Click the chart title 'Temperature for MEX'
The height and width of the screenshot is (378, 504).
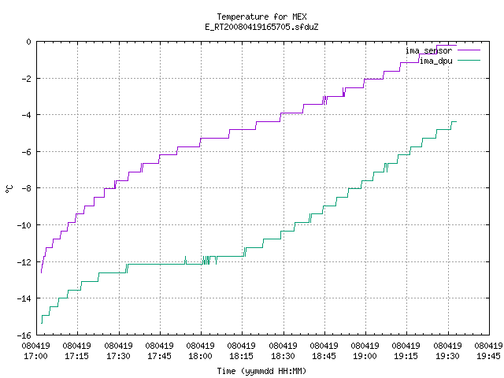[261, 17]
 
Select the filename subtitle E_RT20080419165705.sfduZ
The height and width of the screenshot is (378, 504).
[261, 27]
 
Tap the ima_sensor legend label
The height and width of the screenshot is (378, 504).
[428, 50]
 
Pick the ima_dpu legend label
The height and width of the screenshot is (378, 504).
[435, 61]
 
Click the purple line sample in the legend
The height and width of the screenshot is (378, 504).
[469, 50]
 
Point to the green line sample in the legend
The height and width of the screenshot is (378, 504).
[469, 60]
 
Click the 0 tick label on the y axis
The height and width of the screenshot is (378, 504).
[29, 42]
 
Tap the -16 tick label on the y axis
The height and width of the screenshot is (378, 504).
[24, 335]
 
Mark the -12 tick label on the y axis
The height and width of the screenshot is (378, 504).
[24, 262]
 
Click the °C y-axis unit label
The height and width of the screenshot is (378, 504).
[9, 189]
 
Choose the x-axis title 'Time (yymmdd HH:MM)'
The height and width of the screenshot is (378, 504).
[261, 371]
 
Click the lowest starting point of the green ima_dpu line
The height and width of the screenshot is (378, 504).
[42, 324]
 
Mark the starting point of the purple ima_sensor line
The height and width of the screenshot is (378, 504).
[41, 273]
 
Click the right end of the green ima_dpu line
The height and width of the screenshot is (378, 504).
[456, 121]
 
